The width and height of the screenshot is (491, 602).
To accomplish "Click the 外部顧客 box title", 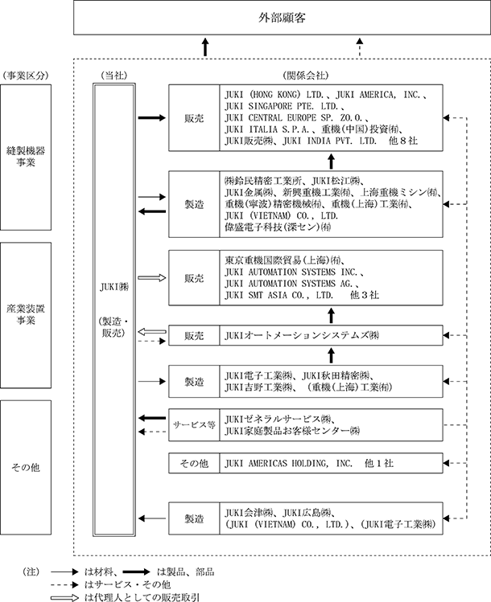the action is pyautogui.click(x=282, y=18).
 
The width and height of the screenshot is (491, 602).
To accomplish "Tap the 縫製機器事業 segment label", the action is pyautogui.click(x=26, y=156).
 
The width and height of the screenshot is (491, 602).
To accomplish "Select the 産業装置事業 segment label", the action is pyautogui.click(x=26, y=314).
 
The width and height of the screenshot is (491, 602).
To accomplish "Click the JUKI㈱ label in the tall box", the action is pyautogui.click(x=114, y=287).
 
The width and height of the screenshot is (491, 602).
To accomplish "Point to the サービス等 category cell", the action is pyautogui.click(x=194, y=424).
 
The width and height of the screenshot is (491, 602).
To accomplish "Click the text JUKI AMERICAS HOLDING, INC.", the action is pyautogui.click(x=288, y=464).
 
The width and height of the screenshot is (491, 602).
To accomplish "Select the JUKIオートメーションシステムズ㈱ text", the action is pyautogui.click(x=302, y=335).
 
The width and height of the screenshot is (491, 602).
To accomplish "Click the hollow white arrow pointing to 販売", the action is pyautogui.click(x=152, y=277).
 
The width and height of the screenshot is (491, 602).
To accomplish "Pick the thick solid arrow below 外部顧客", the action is pyautogui.click(x=205, y=47).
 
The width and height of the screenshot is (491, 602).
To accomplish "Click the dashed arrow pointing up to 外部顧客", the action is pyautogui.click(x=360, y=47).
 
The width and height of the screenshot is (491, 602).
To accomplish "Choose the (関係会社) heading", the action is pyautogui.click(x=306, y=76).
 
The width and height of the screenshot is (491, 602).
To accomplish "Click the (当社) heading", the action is pyautogui.click(x=113, y=76).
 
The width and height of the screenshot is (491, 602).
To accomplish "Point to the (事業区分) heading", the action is pyautogui.click(x=26, y=76).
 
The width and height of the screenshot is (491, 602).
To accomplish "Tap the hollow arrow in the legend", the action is pyautogui.click(x=64, y=597).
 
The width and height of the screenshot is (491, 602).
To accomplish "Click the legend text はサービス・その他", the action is pyautogui.click(x=128, y=585).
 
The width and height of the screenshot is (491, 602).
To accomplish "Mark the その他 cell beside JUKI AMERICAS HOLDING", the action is pyautogui.click(x=194, y=464).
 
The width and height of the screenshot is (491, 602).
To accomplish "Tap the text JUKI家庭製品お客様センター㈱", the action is pyautogui.click(x=292, y=431).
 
